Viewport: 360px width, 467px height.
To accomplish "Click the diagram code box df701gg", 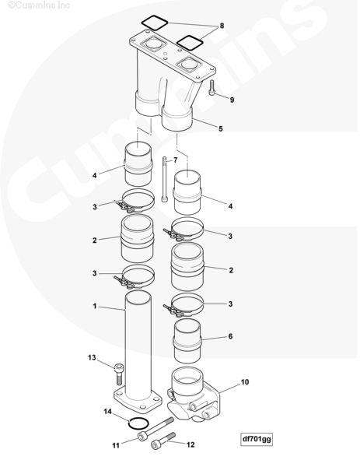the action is point(257,439).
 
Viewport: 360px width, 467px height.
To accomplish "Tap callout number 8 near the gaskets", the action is point(222,26).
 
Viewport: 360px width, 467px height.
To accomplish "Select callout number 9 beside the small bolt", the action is point(232,100).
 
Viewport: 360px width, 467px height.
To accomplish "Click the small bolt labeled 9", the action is point(211,87).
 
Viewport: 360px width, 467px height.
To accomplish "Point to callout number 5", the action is point(221,128).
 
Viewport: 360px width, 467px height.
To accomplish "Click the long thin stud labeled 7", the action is point(165,180).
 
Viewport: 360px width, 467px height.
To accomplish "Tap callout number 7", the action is point(175,160).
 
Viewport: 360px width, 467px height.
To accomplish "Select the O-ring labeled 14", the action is point(138,424).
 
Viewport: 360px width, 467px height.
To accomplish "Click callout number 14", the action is point(108,411).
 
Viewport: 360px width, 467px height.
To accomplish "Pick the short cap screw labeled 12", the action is point(163,441).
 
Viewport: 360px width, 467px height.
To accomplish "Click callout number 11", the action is point(116,445).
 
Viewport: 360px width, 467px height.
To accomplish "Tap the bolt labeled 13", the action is point(118,374).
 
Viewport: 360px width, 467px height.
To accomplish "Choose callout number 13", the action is point(92,357).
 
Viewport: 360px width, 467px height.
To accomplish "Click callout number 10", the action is point(245,382).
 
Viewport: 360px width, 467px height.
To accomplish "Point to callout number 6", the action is point(230,336).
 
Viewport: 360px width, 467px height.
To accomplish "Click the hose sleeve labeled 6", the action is point(187,341).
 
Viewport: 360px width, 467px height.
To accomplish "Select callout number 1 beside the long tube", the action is point(95,306).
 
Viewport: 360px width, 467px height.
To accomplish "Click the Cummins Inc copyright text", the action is point(39,5).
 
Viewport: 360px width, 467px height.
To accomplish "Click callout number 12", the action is point(190,444).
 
